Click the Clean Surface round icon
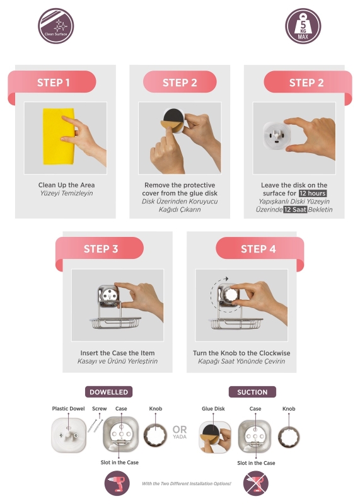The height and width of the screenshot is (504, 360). pyautogui.click(x=56, y=26)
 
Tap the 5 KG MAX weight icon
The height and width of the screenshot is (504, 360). pyautogui.click(x=303, y=26)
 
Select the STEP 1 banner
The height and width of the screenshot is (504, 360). pyautogui.click(x=52, y=83)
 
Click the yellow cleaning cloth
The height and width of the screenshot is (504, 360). pyautogui.click(x=59, y=136)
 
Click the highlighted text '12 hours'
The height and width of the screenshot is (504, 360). pyautogui.click(x=312, y=193)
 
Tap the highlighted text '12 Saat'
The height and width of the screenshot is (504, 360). pyautogui.click(x=295, y=210)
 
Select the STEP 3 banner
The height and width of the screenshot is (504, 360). pyautogui.click(x=100, y=249)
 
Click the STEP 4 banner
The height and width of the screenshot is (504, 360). pyautogui.click(x=259, y=249)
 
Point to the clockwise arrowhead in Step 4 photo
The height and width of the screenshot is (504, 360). pyautogui.click(x=226, y=278)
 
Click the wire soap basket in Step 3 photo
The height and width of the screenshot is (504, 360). pyautogui.click(x=115, y=323)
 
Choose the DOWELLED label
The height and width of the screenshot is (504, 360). pyautogui.click(x=108, y=392)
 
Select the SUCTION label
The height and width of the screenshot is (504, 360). pyautogui.click(x=252, y=392)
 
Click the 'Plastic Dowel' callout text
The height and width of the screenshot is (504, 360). pyautogui.click(x=68, y=408)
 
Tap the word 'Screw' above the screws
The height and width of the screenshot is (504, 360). pyautogui.click(x=100, y=408)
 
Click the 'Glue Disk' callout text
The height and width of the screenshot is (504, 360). pyautogui.click(x=213, y=408)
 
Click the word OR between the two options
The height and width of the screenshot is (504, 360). pyautogui.click(x=180, y=430)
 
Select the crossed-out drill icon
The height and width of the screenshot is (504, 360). pyautogui.click(x=256, y=484)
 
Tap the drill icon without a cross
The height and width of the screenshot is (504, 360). pyautogui.click(x=117, y=484)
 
